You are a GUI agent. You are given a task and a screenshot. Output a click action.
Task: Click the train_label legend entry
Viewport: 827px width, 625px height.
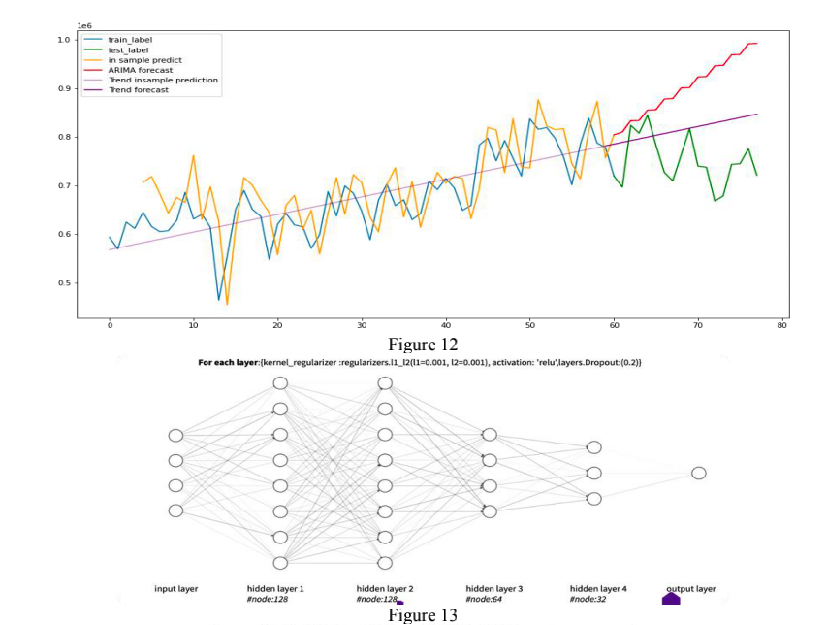(x=130, y=39)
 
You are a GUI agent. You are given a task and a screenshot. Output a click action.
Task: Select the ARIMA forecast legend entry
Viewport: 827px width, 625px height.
(x=140, y=70)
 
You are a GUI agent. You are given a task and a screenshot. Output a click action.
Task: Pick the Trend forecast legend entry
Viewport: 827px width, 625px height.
(x=138, y=90)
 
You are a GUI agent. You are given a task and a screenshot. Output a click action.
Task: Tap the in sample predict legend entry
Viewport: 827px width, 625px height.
(x=143, y=59)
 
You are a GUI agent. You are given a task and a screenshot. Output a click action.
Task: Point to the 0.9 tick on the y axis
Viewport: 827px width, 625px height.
(x=65, y=88)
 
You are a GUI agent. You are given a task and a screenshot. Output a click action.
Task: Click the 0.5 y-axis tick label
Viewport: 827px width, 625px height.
(x=65, y=283)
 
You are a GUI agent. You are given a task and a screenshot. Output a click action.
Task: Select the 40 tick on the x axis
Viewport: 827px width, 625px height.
(x=445, y=326)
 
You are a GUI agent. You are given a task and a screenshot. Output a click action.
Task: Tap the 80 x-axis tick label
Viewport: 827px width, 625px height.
(x=781, y=326)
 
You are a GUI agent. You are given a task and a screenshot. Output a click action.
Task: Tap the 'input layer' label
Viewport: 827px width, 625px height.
(x=175, y=589)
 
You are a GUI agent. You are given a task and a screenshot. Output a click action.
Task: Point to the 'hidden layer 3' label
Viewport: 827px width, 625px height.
(x=493, y=589)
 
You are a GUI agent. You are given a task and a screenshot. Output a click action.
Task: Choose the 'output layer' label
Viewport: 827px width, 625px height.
(x=691, y=589)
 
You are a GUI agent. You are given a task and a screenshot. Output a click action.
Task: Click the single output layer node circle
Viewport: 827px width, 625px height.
(x=698, y=473)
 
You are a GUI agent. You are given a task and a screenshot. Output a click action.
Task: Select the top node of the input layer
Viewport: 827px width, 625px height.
(x=175, y=435)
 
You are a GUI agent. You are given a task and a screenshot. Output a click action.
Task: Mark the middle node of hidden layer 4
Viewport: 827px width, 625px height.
(x=594, y=473)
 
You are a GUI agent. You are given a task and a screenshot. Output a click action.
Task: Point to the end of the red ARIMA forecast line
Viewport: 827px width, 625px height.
(x=756, y=43)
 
